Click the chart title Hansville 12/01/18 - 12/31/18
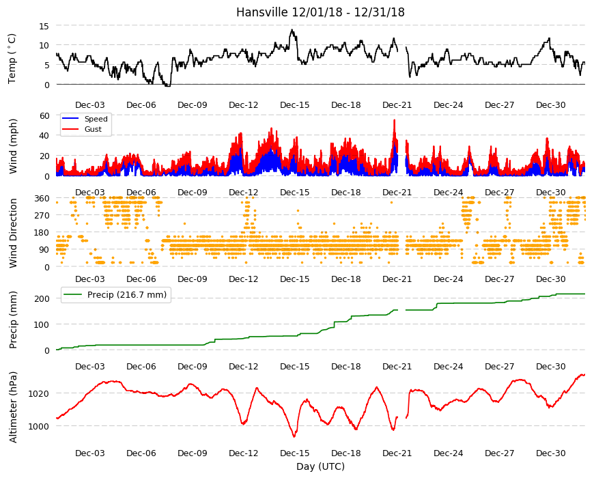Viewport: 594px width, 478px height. click(320, 12)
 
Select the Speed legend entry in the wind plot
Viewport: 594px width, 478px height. click(96, 119)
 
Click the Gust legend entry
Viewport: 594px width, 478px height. click(93, 129)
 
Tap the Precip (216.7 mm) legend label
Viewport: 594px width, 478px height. click(127, 294)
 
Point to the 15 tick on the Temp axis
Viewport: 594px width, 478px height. click(44, 26)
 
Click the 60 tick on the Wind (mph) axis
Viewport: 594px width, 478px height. click(44, 115)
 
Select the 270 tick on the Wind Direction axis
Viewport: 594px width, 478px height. click(42, 216)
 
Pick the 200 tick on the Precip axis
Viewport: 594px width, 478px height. click(42, 298)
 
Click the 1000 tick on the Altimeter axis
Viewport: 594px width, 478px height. click(39, 426)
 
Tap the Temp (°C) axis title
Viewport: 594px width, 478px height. click(12, 59)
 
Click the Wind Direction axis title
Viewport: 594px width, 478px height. click(13, 233)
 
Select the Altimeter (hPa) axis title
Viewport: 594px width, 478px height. click(13, 407)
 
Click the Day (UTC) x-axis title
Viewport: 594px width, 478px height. click(320, 466)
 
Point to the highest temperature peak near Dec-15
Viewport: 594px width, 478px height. click(292, 30)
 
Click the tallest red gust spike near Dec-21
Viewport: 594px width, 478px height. click(395, 120)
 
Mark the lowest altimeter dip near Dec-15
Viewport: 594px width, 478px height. click(294, 436)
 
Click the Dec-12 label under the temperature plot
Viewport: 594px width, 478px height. click(243, 105)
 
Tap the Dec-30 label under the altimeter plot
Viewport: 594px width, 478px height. click(550, 453)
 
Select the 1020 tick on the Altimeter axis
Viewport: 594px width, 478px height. click(39, 393)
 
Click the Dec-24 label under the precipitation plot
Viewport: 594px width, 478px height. click(448, 366)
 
